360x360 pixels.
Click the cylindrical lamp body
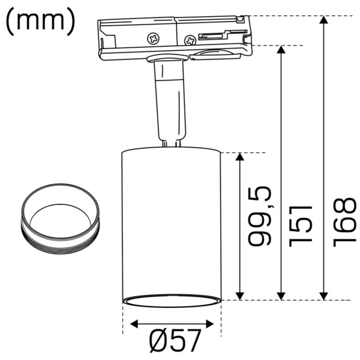pyautogui.click(x=172, y=222)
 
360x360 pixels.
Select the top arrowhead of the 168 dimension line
pyautogui.click(x=324, y=22)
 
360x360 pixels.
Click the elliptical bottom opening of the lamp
pyautogui.click(x=172, y=301)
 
